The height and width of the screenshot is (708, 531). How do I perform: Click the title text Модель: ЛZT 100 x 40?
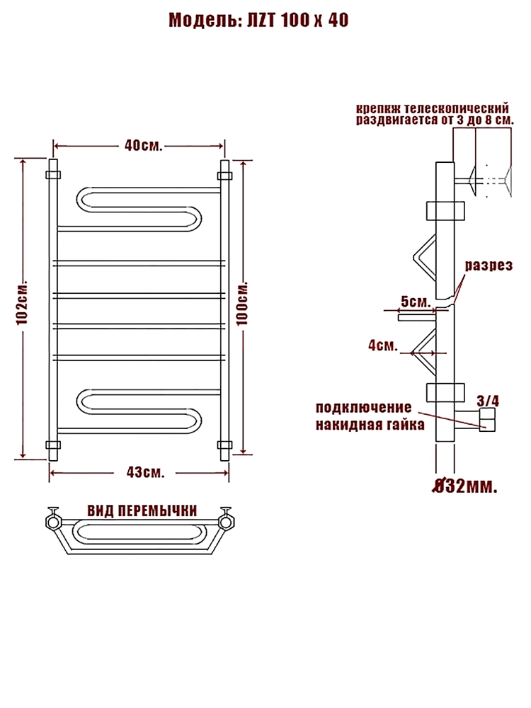(x=258, y=21)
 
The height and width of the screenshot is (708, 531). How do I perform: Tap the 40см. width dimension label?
(x=144, y=146)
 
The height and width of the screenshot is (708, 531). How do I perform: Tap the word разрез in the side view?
(x=488, y=265)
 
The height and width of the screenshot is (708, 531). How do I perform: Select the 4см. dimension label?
(x=382, y=346)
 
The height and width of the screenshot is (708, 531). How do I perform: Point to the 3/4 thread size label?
(x=489, y=401)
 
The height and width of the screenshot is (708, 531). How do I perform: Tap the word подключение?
(x=363, y=409)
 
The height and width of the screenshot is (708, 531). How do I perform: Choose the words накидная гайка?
(x=370, y=425)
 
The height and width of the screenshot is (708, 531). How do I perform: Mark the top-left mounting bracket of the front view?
(x=52, y=173)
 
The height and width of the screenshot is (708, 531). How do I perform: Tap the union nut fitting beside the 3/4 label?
(x=488, y=422)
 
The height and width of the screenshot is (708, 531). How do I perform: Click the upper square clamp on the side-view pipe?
(x=445, y=210)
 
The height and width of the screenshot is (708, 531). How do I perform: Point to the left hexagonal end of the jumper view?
(x=53, y=522)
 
